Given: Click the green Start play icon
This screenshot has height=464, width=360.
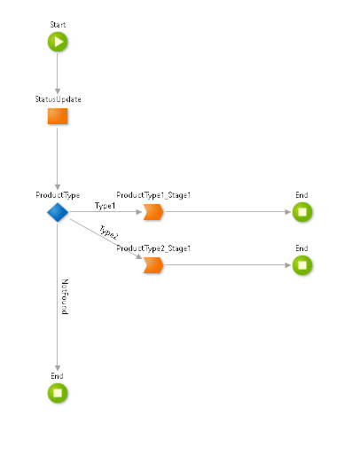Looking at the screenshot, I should pyautogui.click(x=58, y=42).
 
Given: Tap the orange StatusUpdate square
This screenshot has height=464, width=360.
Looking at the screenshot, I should pyautogui.click(x=58, y=115).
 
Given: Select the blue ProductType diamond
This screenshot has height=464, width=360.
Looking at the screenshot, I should pyautogui.click(x=58, y=212).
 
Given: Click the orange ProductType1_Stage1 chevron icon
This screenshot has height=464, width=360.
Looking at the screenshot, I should pyautogui.click(x=153, y=212).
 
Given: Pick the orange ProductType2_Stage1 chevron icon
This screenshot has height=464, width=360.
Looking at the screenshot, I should pyautogui.click(x=153, y=265).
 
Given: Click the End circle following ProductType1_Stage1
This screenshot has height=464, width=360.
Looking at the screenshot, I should pyautogui.click(x=301, y=212).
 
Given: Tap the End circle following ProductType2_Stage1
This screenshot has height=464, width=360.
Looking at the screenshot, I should pyautogui.click(x=301, y=265).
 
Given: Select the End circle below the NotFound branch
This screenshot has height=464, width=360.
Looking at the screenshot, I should pyautogui.click(x=58, y=392).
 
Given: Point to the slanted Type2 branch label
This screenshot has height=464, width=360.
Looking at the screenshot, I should pyautogui.click(x=109, y=232).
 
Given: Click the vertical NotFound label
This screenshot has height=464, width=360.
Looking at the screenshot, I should pyautogui.click(x=65, y=299).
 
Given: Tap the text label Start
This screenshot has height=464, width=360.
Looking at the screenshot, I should pyautogui.click(x=58, y=23).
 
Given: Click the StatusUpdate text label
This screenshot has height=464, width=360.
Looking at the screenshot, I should pyautogui.click(x=58, y=98).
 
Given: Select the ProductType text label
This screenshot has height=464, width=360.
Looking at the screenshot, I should pyautogui.click(x=58, y=194).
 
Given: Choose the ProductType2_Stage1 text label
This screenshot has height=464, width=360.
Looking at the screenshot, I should pyautogui.click(x=154, y=248).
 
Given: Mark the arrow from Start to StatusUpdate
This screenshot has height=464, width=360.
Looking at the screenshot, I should pyautogui.click(x=58, y=73).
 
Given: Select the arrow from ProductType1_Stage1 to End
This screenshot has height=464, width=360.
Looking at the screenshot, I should pyautogui.click(x=226, y=212).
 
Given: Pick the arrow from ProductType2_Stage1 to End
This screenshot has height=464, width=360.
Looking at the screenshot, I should pyautogui.click(x=226, y=265).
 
